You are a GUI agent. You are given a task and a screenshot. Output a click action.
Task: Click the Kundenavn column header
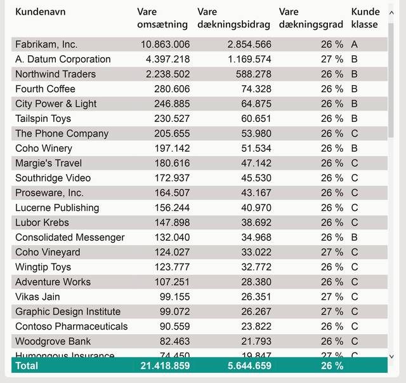point(40,12)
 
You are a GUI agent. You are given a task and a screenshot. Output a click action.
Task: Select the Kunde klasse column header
point(365,18)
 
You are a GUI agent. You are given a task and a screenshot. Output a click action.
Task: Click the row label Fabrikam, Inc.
point(46,44)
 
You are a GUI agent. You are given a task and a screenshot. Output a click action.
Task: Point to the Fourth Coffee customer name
point(45,89)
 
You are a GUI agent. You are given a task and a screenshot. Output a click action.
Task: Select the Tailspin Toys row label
point(43,119)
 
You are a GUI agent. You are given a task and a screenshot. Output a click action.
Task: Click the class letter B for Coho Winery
point(355,148)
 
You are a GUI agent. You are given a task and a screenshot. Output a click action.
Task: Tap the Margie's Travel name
point(48,163)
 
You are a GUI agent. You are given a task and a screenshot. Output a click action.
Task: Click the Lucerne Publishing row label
point(57,208)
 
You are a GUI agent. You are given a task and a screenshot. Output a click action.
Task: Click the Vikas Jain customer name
point(37,297)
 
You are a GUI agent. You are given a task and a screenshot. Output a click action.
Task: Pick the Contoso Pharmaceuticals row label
point(71,326)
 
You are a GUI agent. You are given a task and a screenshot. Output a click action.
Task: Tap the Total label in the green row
point(27,366)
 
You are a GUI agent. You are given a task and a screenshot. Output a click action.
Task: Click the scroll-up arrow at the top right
point(391,11)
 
